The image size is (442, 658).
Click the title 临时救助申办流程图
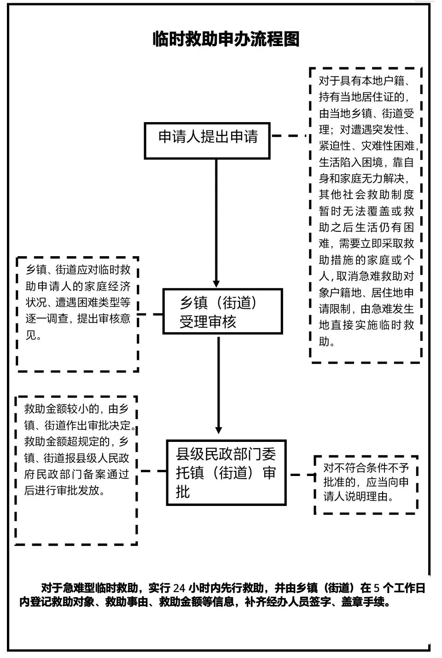226,39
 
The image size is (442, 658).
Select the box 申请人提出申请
207,140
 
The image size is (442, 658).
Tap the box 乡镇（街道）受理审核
222,311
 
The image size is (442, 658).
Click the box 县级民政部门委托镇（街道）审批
226,473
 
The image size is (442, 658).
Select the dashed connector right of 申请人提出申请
289,136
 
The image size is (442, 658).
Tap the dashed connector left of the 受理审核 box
151,314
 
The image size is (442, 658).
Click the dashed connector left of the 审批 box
153,471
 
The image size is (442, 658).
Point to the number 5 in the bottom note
377,588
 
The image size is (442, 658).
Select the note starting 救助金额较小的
77,449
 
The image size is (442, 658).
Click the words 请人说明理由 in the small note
359,497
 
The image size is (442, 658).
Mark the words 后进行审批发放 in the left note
64,490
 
